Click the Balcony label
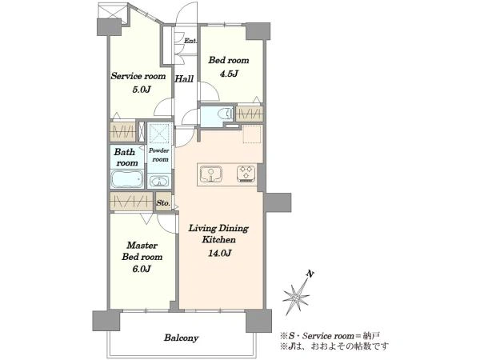coord(182,338)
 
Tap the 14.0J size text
coord(219,253)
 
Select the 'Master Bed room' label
coord(142,251)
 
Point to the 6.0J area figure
coord(142,269)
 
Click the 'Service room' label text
coord(138,76)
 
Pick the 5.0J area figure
coord(142,90)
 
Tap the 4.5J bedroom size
coord(228,74)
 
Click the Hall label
coord(184,79)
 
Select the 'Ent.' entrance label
coord(190,41)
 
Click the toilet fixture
coord(225,114)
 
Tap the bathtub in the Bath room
coord(126,178)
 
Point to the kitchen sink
coord(210,174)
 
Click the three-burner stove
coord(246,174)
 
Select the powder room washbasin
coord(159,182)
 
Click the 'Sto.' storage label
coord(163,202)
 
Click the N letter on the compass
coord(310,274)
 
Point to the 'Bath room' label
coord(126,158)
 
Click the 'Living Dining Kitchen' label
coord(218,234)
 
